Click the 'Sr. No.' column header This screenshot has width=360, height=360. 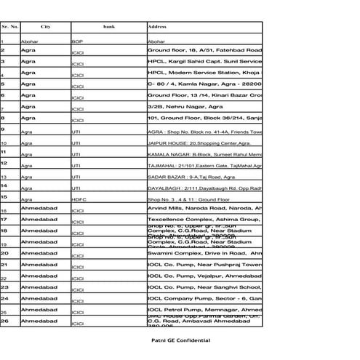[10, 27]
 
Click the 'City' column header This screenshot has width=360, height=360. [46, 27]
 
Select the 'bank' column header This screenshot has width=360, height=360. [108, 27]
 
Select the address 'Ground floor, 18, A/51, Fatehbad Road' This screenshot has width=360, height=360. [204, 50]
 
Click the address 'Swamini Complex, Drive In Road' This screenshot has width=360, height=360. [204, 253]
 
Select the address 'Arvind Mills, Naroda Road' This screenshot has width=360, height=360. [204, 208]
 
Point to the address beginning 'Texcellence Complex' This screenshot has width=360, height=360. [204, 219]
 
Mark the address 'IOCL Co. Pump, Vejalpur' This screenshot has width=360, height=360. [204, 276]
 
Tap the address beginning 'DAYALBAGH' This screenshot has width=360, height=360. [204, 188]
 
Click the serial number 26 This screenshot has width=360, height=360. [4, 321]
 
